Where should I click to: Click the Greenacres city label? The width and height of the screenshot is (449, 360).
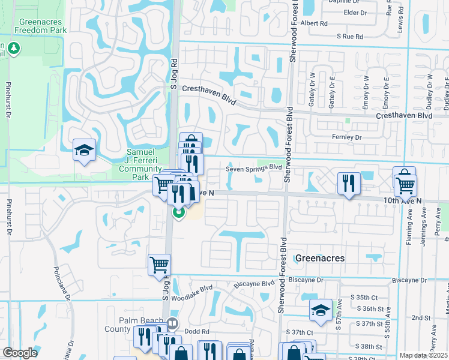pos(319,258)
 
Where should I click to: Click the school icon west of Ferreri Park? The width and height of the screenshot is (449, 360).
pos(85,151)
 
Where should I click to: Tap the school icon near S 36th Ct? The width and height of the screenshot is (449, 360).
pos(321,310)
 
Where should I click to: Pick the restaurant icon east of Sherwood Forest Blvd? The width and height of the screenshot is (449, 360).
pos(349,184)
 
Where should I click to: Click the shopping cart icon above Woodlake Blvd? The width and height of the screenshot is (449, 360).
pos(159,265)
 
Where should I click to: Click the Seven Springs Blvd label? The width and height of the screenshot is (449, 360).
pos(254,169)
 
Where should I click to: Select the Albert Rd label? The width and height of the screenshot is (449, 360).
pos(315,23)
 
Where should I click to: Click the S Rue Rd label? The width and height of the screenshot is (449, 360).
pos(350,37)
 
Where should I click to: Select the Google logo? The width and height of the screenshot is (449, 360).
pos(20,353)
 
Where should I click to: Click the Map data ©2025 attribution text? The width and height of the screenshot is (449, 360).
pos(423,355)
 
